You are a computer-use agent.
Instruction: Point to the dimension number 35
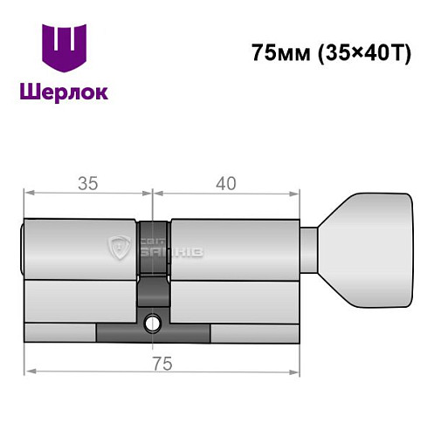click(86, 183)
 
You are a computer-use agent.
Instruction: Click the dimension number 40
click(226, 183)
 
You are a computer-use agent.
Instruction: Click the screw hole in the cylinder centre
click(154, 323)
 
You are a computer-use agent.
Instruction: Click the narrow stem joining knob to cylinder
click(312, 247)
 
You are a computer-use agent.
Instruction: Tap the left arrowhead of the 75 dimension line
click(28, 371)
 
